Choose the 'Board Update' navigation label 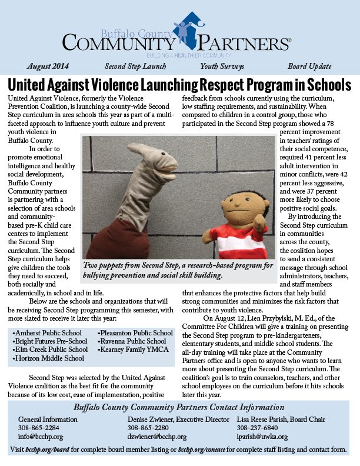(309, 66)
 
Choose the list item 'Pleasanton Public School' (135, 333)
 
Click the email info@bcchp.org (41, 437)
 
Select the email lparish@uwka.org (263, 437)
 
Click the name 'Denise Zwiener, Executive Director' (178, 420)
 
